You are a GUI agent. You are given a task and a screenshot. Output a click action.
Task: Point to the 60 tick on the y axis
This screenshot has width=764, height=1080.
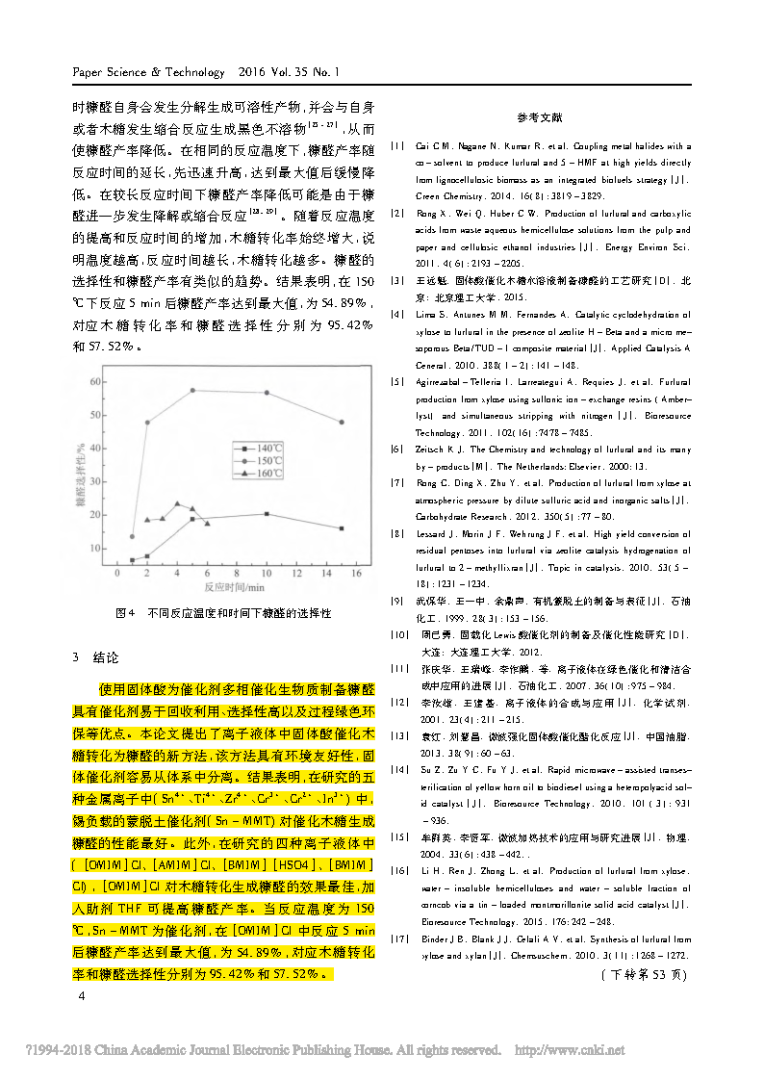(x=95, y=381)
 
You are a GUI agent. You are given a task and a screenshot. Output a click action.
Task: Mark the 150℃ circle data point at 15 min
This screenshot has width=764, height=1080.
(x=341, y=422)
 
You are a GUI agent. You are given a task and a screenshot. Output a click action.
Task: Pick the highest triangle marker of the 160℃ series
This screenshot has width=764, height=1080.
(x=177, y=503)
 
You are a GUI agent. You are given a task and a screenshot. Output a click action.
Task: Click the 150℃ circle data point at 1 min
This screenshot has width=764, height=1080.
(x=132, y=536)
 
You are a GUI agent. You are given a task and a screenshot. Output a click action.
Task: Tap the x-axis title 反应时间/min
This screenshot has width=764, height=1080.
(x=235, y=585)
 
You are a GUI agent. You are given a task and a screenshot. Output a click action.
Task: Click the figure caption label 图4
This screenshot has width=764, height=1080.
(x=123, y=612)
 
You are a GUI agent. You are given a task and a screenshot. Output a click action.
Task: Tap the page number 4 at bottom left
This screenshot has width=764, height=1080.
(x=82, y=996)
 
